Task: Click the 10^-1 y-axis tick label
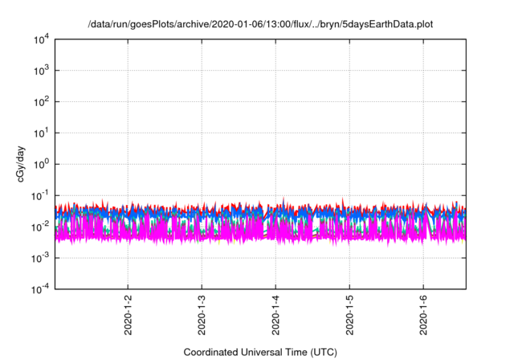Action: pyautogui.click(x=41, y=195)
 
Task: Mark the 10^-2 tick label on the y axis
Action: pyautogui.click(x=41, y=227)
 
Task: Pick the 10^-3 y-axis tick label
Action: pyautogui.click(x=41, y=257)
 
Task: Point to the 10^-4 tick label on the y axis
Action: pyautogui.click(x=41, y=288)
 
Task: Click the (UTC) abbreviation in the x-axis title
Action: pyautogui.click(x=322, y=352)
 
